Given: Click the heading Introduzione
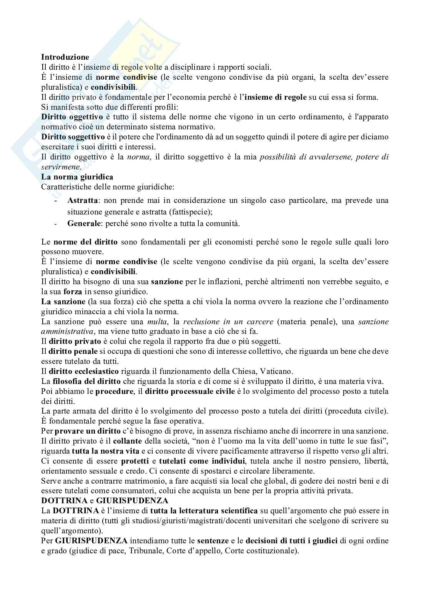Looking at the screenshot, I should [65, 57].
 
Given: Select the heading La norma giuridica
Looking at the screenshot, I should [77, 177].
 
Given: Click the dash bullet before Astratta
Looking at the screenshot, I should [57, 201].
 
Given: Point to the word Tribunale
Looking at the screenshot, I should [147, 551].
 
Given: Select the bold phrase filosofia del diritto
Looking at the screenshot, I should [86, 382].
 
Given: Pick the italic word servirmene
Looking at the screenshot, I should [61, 167].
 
